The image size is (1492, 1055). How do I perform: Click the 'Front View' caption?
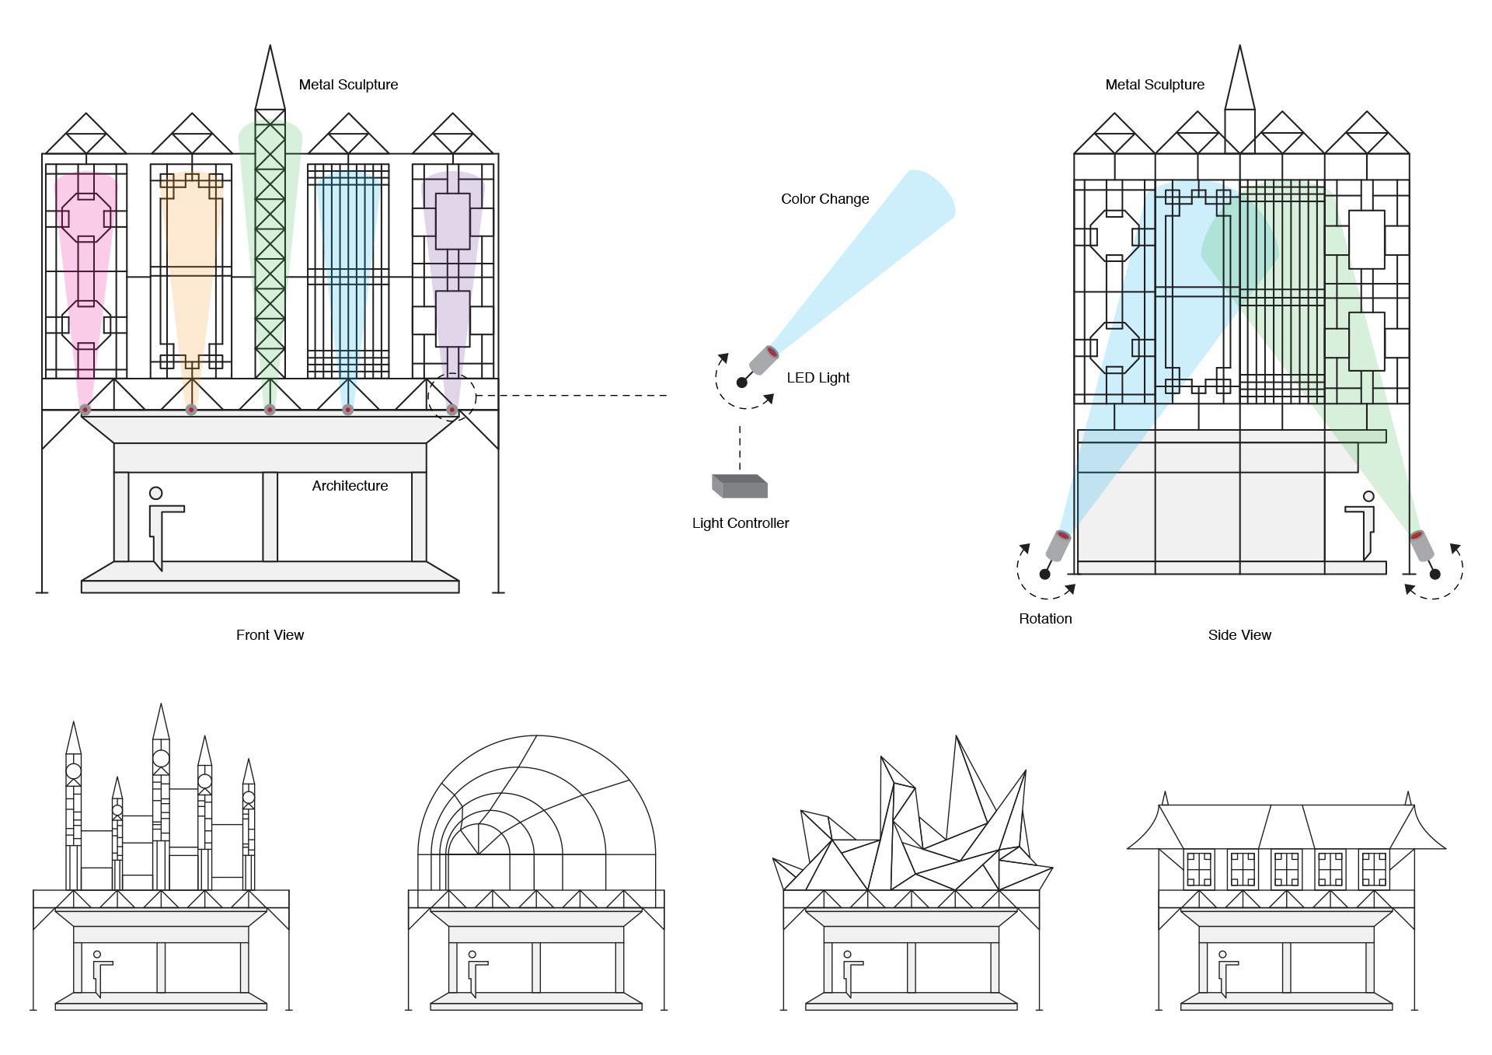[x=270, y=635]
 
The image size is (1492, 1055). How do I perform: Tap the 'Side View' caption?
[x=1239, y=635]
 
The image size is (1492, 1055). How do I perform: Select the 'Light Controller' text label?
[x=740, y=523]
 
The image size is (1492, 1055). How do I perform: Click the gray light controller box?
[x=740, y=487]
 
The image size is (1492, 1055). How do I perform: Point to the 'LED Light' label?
[x=817, y=378]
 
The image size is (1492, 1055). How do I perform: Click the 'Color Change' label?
[x=824, y=199]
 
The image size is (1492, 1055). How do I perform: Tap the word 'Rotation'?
[x=1045, y=619]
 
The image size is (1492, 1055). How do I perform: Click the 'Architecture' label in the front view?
[x=350, y=486]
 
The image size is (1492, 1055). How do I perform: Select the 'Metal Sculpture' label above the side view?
[x=1155, y=85]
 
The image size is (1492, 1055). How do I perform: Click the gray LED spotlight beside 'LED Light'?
[x=763, y=361]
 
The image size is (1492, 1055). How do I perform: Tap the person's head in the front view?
[x=155, y=493]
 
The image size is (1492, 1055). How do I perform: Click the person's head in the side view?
[x=1368, y=496]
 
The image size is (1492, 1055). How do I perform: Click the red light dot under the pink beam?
[x=85, y=410]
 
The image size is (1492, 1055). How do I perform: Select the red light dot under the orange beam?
[x=191, y=410]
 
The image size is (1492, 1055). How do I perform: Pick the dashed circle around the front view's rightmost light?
[x=451, y=396]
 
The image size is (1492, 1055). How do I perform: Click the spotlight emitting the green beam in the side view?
[x=1421, y=545]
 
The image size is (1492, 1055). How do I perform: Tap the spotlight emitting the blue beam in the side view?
[x=1058, y=545]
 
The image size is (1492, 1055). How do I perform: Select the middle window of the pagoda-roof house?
[x=1286, y=869]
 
